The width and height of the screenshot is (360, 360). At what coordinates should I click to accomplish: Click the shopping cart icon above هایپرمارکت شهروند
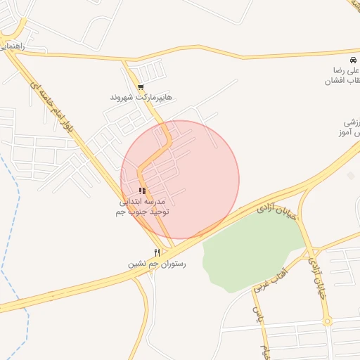tap(141, 87)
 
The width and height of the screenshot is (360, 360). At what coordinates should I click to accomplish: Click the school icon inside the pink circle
tap(142, 191)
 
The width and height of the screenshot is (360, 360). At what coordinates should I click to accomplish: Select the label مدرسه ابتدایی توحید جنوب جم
tap(143, 206)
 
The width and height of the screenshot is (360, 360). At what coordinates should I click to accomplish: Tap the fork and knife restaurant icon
tap(157, 252)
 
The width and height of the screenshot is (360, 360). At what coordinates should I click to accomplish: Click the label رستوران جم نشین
tap(156, 264)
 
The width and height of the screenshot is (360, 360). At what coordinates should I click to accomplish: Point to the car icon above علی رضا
tap(353, 60)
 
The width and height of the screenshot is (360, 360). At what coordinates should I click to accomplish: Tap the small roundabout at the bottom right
tap(327, 321)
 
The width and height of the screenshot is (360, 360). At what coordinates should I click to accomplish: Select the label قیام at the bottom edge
tap(265, 351)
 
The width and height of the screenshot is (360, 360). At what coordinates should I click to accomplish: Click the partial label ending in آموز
tap(351, 133)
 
